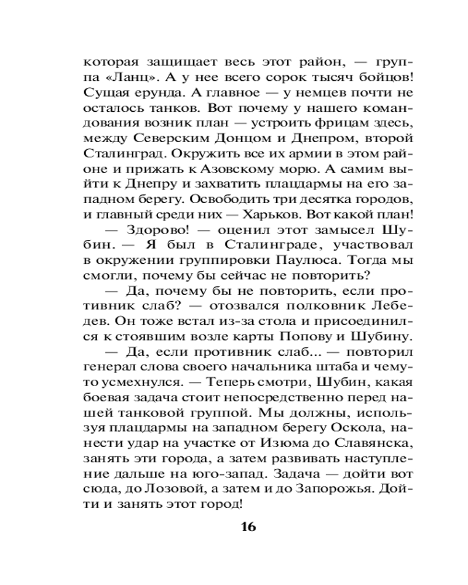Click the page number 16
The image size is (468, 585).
point(247,526)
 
